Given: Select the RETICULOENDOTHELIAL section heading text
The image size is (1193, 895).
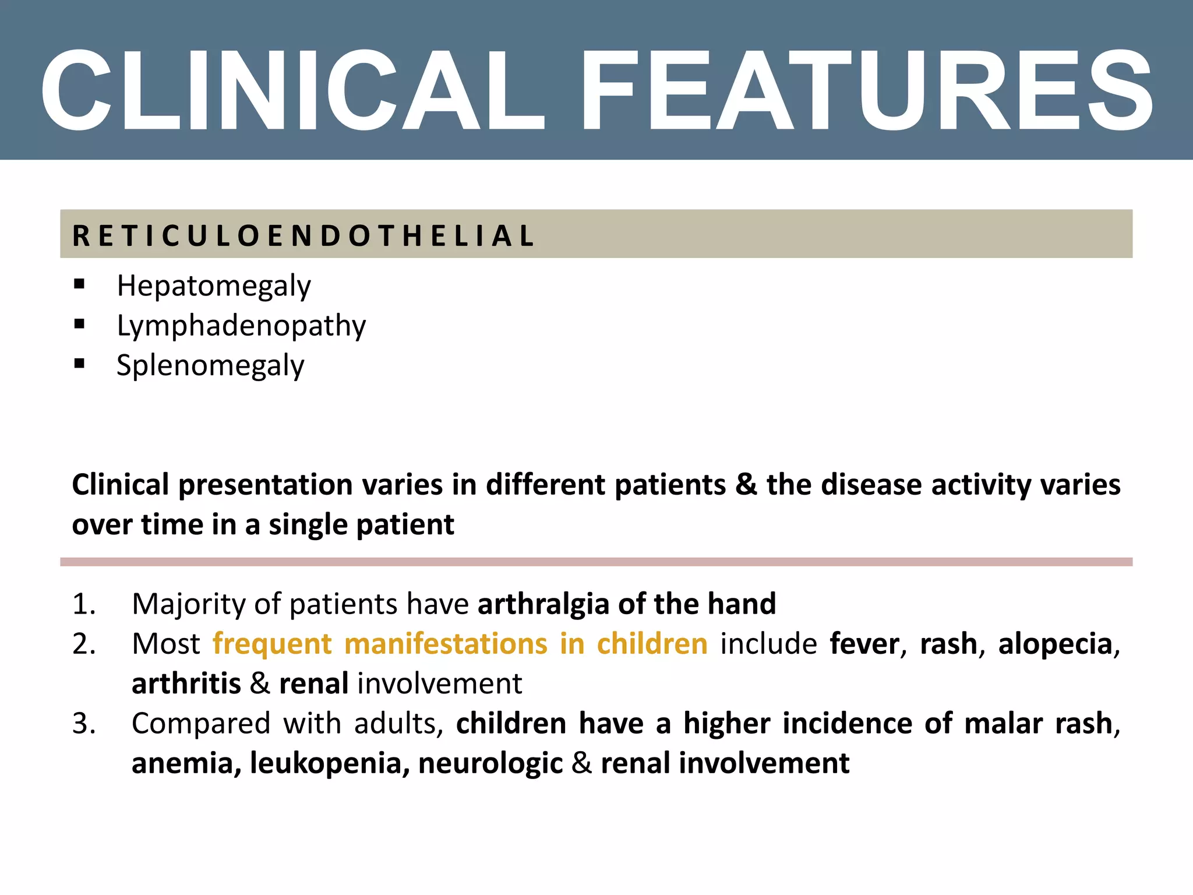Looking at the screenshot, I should click(x=303, y=235).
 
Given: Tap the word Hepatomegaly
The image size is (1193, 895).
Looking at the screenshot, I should click(x=214, y=286).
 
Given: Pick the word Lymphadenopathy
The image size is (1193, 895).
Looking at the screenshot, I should click(x=241, y=326).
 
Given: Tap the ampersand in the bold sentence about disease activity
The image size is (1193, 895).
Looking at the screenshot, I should click(x=746, y=484).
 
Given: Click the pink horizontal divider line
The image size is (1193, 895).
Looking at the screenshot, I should click(x=596, y=562).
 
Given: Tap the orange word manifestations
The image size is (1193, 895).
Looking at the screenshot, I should click(x=445, y=644).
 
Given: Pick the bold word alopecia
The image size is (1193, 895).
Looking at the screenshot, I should click(x=1055, y=644).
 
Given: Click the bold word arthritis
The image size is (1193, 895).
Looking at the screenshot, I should click(x=186, y=683).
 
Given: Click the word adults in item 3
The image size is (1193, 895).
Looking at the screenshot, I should click(x=396, y=724).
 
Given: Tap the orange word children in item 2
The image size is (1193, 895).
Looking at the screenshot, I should click(x=652, y=644).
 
